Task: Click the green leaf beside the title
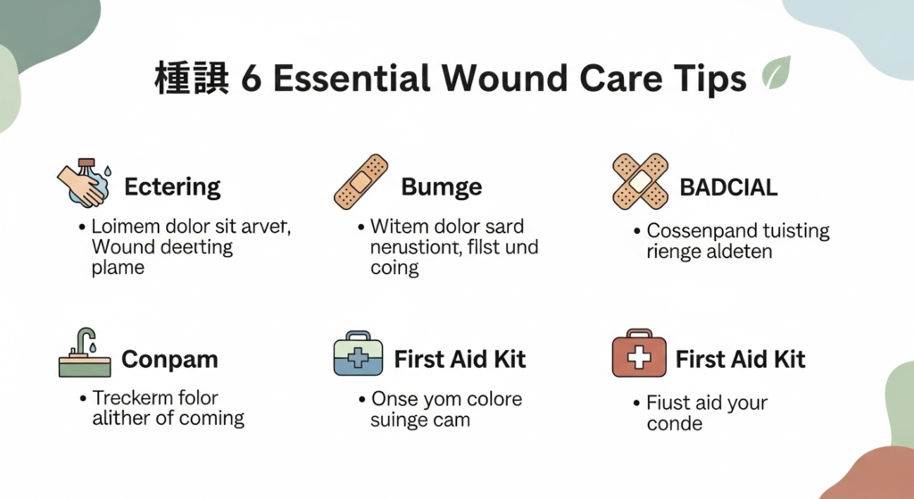tap(777, 73)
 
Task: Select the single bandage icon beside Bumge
tap(361, 182)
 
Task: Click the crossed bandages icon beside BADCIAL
tap(640, 182)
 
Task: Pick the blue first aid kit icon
tap(358, 353)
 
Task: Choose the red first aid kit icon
tap(639, 353)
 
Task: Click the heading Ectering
tap(172, 187)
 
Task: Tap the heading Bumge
tap(441, 187)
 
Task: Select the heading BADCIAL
tap(728, 187)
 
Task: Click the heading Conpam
tap(170, 360)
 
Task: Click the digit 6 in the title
tap(251, 79)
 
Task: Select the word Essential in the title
tap(352, 79)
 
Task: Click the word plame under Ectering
tap(118, 268)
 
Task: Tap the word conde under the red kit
tap(675, 423)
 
